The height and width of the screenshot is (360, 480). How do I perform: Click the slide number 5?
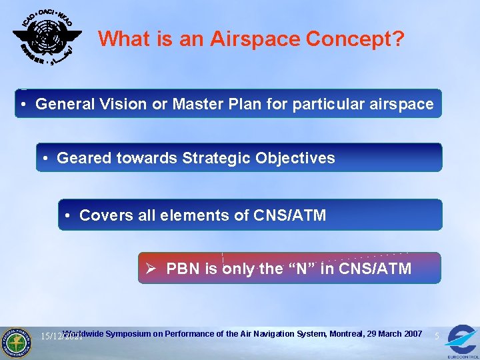click(x=436, y=337)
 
